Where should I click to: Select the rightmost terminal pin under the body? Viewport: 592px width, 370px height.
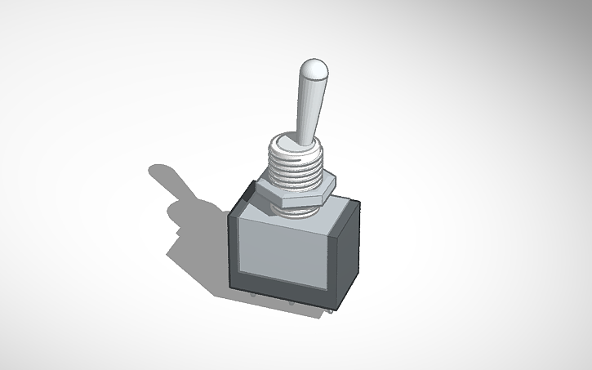(x=329, y=311)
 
